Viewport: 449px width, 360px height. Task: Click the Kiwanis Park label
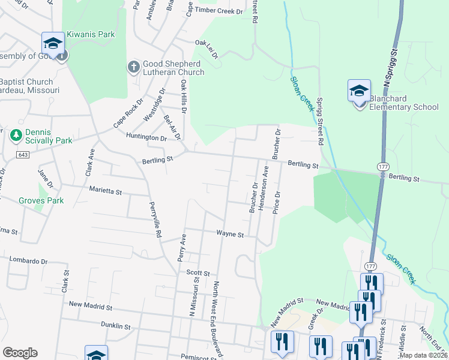point(91,35)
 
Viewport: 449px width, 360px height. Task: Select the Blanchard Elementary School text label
point(403,103)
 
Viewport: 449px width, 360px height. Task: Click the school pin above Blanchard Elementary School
point(359,92)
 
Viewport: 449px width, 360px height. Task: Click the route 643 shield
point(23,155)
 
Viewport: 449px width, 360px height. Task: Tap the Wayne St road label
point(230,235)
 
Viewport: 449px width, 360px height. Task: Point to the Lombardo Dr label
point(28,261)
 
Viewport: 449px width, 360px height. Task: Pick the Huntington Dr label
point(146,137)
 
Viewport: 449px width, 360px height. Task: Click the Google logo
point(20,353)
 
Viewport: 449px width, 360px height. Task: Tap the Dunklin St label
point(116,326)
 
